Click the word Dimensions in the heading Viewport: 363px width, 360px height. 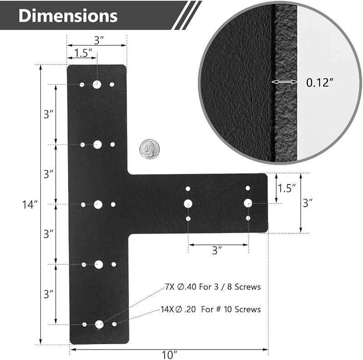point(68,16)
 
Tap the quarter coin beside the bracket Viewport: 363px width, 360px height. point(150,149)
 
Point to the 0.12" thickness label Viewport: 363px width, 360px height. point(320,83)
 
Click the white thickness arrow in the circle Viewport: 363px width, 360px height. point(285,82)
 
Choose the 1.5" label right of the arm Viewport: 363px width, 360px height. point(287,188)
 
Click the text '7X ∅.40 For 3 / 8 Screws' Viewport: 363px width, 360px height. point(213,287)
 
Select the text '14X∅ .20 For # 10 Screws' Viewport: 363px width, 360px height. point(211,309)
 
